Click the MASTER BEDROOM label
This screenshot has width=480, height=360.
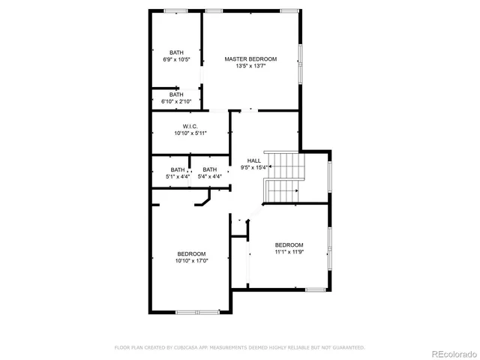pos(250,58)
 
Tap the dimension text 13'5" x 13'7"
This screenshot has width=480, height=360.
pos(250,66)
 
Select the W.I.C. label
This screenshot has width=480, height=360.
pos(189,125)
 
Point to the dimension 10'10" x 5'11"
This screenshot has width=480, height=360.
pos(189,133)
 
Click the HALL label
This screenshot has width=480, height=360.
pos(254,160)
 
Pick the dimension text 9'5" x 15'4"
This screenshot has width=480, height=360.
pos(254,168)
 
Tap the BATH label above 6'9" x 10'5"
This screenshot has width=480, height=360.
pos(175,52)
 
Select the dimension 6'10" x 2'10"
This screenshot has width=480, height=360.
pos(175,101)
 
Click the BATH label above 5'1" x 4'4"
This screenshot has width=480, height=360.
pos(177,169)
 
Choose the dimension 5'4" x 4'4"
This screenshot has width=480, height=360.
pos(209,177)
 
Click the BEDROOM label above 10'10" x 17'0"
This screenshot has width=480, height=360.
pos(191,253)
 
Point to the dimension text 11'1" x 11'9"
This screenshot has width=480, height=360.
pos(289,252)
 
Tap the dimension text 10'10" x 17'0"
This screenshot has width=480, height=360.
pos(191,261)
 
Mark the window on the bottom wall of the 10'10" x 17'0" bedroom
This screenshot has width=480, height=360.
pos(197,312)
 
